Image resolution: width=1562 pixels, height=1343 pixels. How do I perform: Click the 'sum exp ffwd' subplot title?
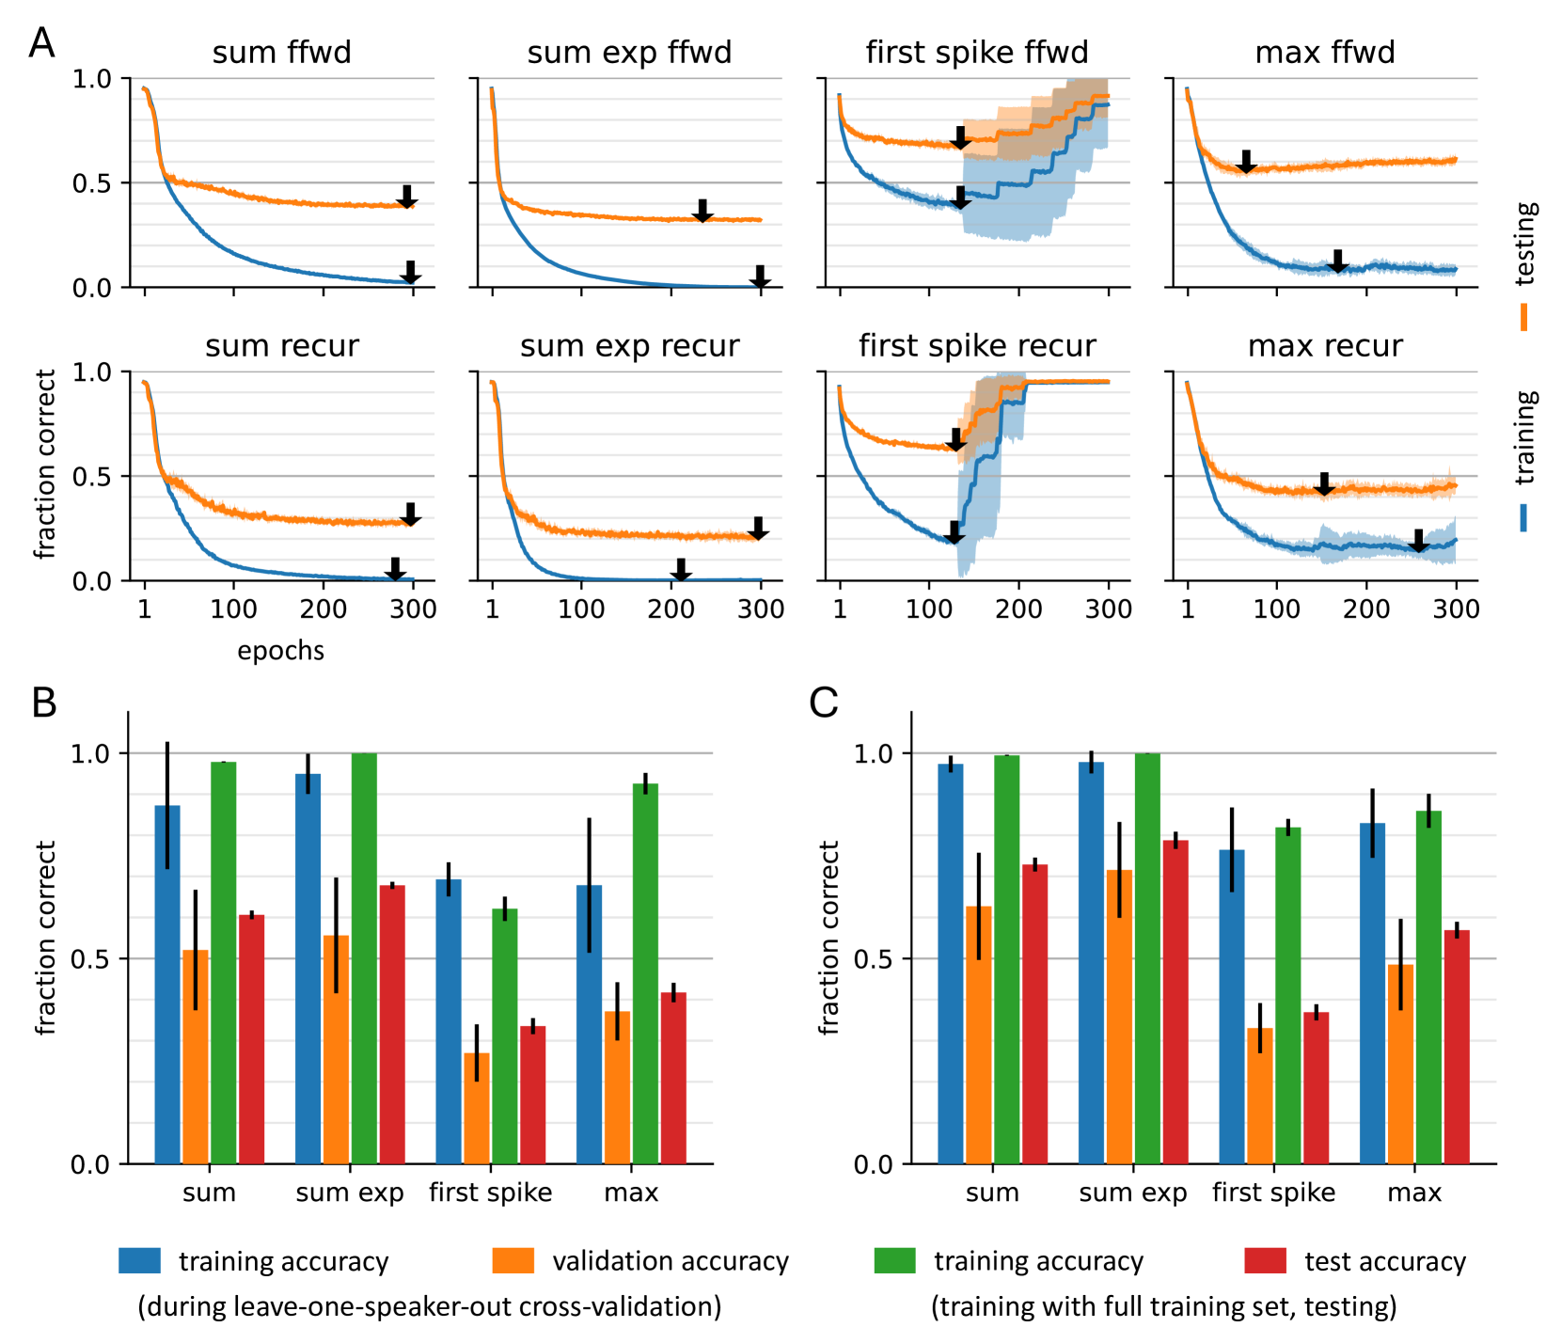tap(629, 53)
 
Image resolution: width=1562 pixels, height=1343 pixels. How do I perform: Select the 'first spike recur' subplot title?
tap(977, 346)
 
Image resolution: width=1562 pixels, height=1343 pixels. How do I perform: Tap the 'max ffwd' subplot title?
tap(1325, 53)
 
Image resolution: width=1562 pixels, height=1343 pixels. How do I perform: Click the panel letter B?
tap(44, 703)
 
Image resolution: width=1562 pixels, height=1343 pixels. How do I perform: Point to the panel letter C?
tap(824, 703)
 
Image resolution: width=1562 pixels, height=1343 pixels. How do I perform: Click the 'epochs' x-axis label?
tap(280, 651)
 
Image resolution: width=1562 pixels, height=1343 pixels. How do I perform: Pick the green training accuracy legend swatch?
tap(894, 1261)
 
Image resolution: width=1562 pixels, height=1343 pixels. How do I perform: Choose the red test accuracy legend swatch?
tap(1265, 1261)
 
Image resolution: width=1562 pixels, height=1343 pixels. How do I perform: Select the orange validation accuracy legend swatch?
tap(513, 1261)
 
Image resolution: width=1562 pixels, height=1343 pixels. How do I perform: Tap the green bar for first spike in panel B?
tap(505, 1036)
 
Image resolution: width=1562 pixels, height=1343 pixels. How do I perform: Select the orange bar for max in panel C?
tap(1400, 1064)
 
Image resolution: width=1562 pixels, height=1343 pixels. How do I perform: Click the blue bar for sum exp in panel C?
tap(1091, 963)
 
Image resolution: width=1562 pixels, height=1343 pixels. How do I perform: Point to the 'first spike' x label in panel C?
tap(1273, 1193)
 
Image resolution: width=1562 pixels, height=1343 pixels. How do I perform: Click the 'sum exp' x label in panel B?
tap(350, 1193)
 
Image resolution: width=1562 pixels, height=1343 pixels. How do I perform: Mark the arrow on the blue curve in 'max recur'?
tap(1418, 541)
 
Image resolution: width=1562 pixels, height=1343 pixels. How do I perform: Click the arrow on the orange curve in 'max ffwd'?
tap(1246, 161)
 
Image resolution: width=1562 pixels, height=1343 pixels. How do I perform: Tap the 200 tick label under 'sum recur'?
tap(323, 609)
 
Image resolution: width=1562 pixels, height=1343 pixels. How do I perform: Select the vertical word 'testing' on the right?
tap(1525, 243)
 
